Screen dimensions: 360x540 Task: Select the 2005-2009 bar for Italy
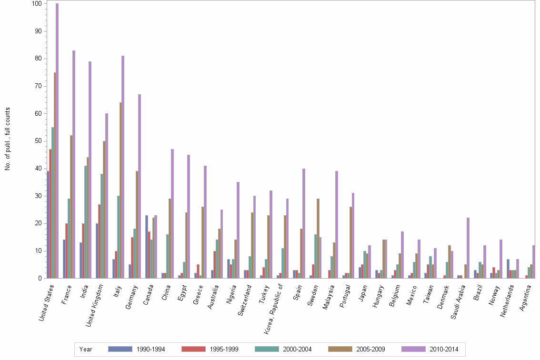point(120,190)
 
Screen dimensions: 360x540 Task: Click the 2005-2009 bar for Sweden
point(318,238)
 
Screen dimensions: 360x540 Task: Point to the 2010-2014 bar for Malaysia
point(337,224)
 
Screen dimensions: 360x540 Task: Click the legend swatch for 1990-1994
point(120,349)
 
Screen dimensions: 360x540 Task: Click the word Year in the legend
point(86,350)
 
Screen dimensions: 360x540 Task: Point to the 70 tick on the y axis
point(46,86)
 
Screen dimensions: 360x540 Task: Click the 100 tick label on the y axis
point(37,4)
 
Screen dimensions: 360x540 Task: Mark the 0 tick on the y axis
point(46,278)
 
